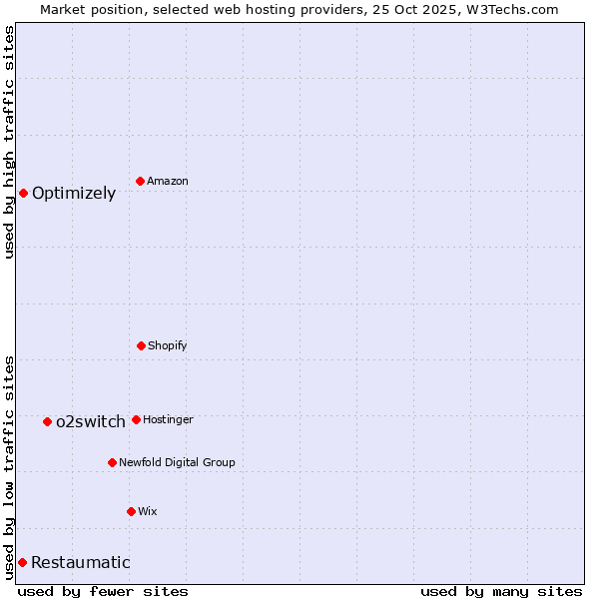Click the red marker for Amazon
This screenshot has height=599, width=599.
tap(141, 181)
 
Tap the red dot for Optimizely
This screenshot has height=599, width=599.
tap(23, 193)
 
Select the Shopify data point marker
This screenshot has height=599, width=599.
tap(142, 345)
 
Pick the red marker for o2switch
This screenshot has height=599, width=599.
tap(47, 421)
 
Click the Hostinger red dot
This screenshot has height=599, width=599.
tap(136, 419)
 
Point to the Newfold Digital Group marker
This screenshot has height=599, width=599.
tap(112, 462)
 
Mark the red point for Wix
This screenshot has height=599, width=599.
tap(131, 511)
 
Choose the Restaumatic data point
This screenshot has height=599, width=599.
tap(22, 562)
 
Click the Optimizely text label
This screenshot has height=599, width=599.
tap(74, 194)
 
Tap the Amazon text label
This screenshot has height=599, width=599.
tap(168, 181)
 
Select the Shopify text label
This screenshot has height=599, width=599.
tap(168, 345)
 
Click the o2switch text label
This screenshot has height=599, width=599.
tap(91, 421)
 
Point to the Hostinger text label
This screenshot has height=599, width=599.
tap(168, 419)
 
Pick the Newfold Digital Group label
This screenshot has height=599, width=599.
tap(177, 462)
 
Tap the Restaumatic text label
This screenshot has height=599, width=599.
tap(81, 563)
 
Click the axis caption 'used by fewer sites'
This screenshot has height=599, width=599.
tap(103, 591)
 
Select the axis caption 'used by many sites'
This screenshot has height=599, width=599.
tap(501, 591)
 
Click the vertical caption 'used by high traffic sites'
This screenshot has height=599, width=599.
tap(9, 142)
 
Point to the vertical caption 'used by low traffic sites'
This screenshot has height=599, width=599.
tap(9, 467)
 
